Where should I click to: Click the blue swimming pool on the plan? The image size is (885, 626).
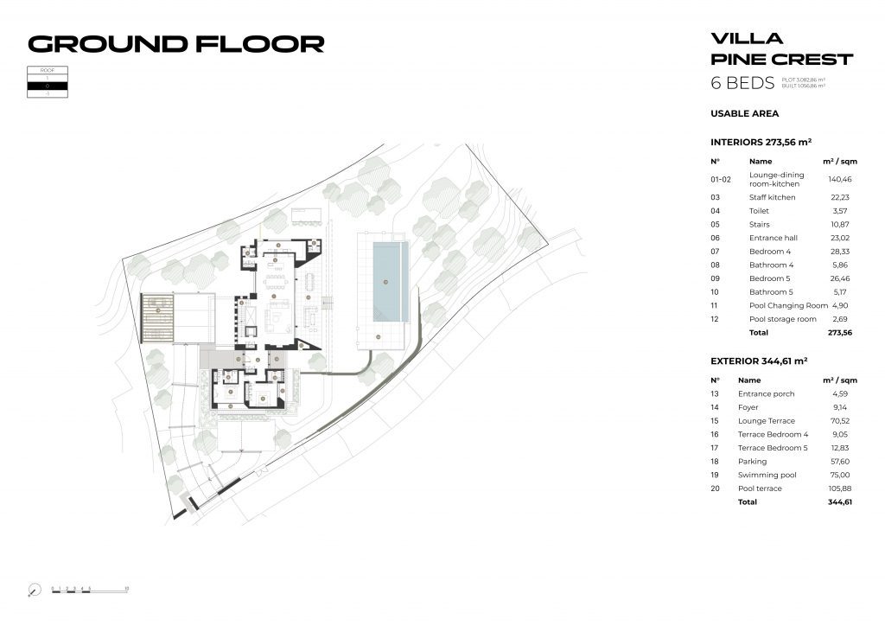point(387,282)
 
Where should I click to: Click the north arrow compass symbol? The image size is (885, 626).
point(34,591)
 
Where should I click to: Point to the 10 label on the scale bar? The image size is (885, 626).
point(127,588)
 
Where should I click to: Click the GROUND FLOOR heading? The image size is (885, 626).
point(176,43)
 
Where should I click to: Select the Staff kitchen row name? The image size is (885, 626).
point(772,197)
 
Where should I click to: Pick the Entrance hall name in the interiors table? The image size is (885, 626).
point(773,238)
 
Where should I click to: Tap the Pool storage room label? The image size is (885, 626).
point(782,319)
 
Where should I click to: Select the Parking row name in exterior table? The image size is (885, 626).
point(752,462)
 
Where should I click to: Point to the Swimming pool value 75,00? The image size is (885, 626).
point(837,475)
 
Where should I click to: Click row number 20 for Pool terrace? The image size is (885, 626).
point(715,489)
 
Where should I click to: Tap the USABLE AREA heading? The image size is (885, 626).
point(744,113)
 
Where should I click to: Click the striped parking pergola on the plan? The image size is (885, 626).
point(158,317)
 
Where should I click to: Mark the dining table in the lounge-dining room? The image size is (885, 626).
point(276,282)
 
